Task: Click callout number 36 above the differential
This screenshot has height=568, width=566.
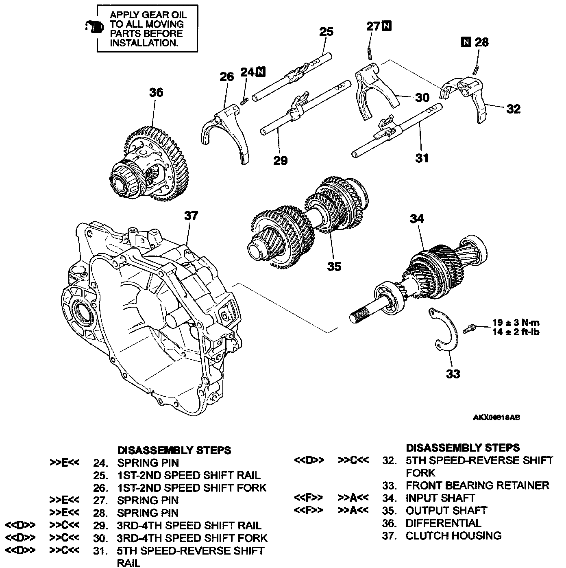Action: (x=156, y=93)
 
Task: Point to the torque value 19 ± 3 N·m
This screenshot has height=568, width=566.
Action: (x=516, y=323)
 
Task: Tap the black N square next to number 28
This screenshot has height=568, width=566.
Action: (x=466, y=42)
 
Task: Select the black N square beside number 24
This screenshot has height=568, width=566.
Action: (x=260, y=72)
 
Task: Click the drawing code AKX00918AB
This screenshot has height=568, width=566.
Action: (x=496, y=417)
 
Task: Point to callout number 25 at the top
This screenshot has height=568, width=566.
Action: (x=326, y=32)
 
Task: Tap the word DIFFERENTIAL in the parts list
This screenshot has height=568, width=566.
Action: (x=443, y=523)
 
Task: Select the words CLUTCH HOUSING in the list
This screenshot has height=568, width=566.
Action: (x=453, y=536)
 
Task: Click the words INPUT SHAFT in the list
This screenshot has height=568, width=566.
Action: (x=440, y=498)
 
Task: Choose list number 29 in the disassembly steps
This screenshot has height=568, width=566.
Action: (x=100, y=526)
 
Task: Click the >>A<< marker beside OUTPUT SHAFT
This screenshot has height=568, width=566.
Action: (x=353, y=511)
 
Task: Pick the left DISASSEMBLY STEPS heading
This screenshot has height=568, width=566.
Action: (x=174, y=450)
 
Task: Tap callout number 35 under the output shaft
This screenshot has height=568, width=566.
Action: (x=334, y=267)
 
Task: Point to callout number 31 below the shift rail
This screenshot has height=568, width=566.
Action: (x=422, y=158)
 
